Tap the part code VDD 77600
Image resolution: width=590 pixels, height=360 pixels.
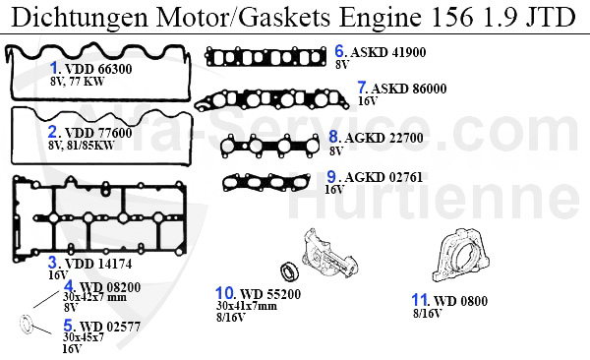[98, 132]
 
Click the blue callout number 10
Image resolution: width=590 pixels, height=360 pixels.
[225, 292]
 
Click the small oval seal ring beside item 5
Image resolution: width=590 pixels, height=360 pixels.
[26, 325]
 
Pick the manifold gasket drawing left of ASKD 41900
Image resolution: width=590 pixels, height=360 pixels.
[267, 56]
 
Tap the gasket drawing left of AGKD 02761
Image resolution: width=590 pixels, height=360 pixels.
[267, 182]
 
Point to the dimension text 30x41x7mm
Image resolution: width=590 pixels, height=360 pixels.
[247, 306]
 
